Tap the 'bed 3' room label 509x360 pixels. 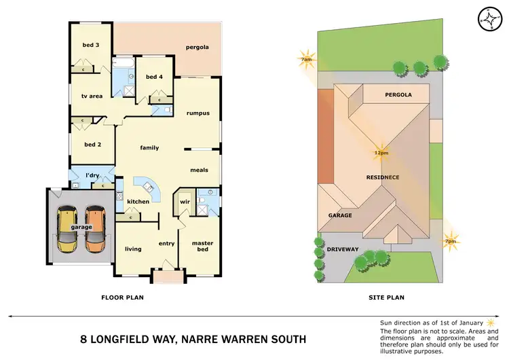pyautogui.click(x=91, y=45)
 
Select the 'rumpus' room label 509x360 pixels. pyautogui.click(x=197, y=113)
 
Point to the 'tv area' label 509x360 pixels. pyautogui.click(x=92, y=96)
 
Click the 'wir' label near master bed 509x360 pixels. pyautogui.click(x=184, y=202)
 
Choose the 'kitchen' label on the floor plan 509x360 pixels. pyautogui.click(x=138, y=202)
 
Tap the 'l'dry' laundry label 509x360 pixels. pyautogui.click(x=92, y=176)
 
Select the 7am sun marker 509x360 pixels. pyautogui.click(x=307, y=58)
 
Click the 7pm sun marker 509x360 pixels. pyautogui.click(x=449, y=241)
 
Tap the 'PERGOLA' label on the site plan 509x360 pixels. pyautogui.click(x=398, y=95)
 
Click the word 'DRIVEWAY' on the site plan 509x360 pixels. pyautogui.click(x=343, y=249)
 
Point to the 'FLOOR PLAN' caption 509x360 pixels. pyautogui.click(x=122, y=297)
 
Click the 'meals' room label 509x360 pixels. pyautogui.click(x=199, y=170)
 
